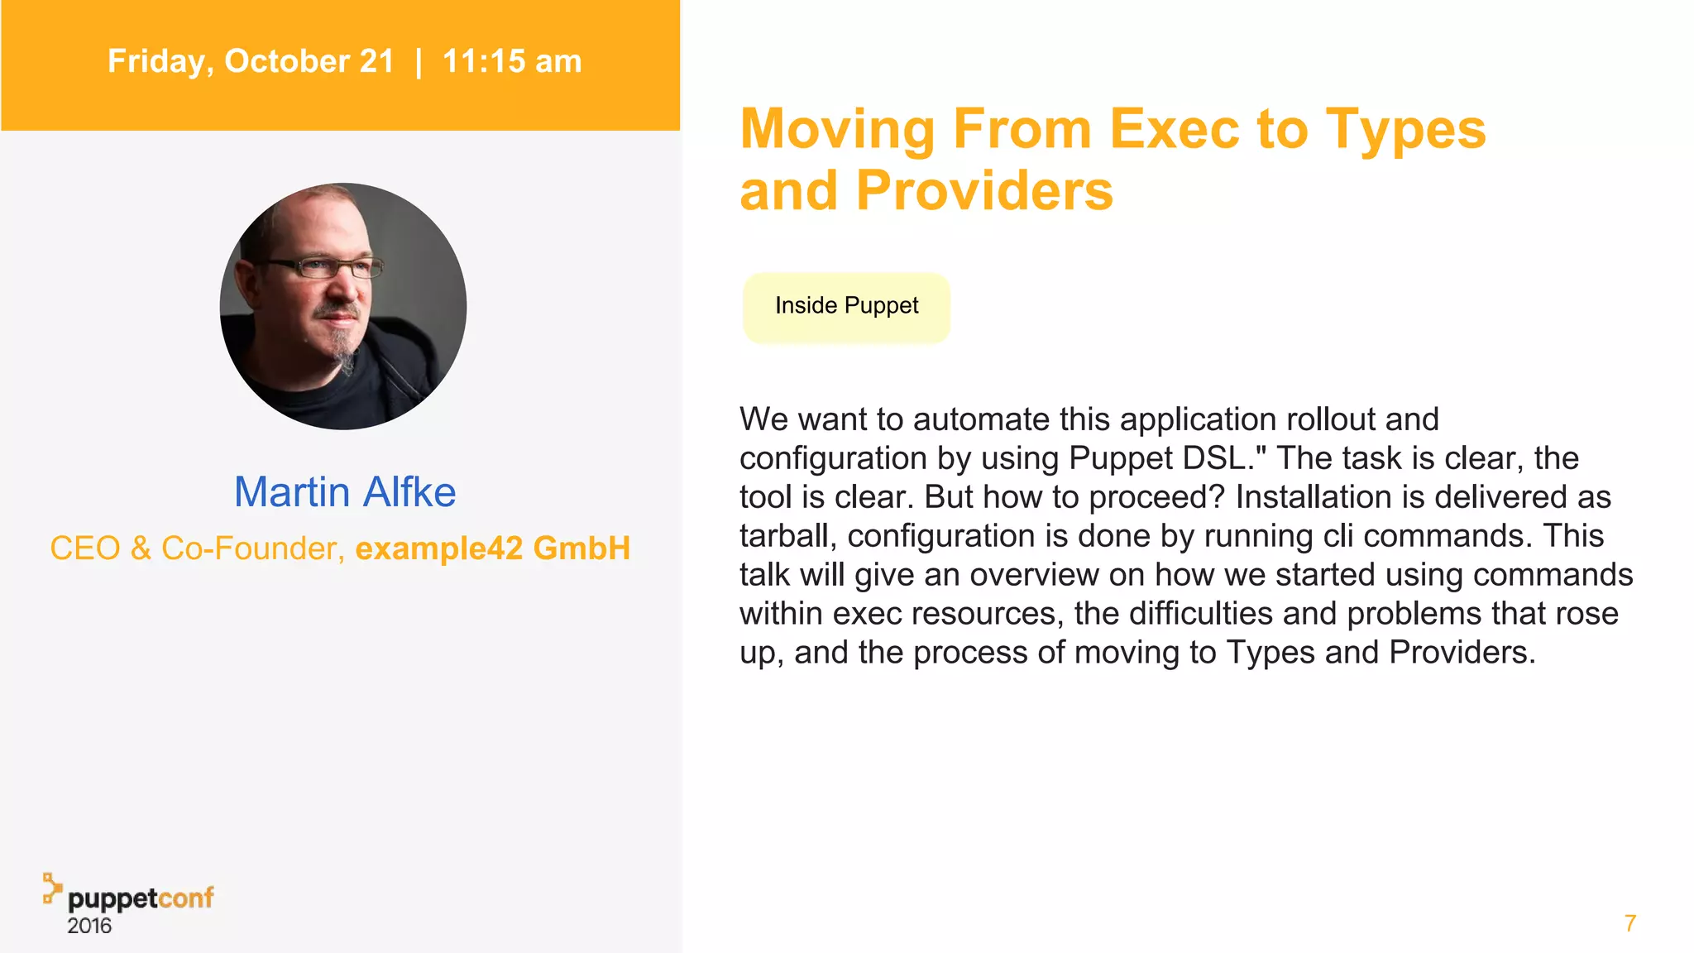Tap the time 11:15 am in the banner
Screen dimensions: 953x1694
[x=512, y=61]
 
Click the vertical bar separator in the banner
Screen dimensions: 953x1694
[x=419, y=61]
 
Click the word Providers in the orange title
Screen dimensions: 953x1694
[x=984, y=190]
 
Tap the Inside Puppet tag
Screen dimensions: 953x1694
[x=846, y=306]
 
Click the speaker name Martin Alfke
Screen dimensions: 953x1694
[x=345, y=491]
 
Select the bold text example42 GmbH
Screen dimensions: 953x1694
[x=493, y=548]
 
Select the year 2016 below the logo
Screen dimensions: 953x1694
[x=89, y=926]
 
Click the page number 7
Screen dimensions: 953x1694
[x=1629, y=923]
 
